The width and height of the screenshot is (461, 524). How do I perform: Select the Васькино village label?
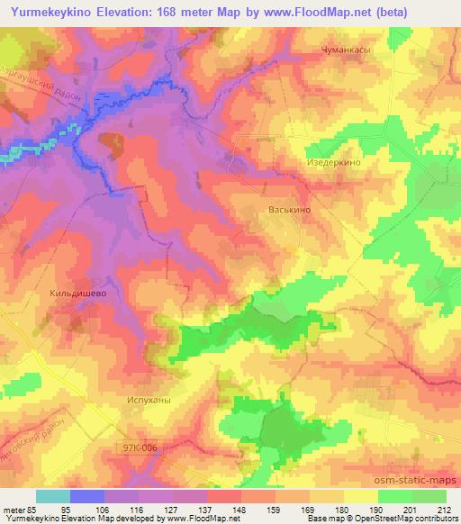point(290,209)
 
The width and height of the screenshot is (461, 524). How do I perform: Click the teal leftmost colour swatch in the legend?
point(53,496)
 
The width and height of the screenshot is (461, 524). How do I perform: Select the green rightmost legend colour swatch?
point(429,496)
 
